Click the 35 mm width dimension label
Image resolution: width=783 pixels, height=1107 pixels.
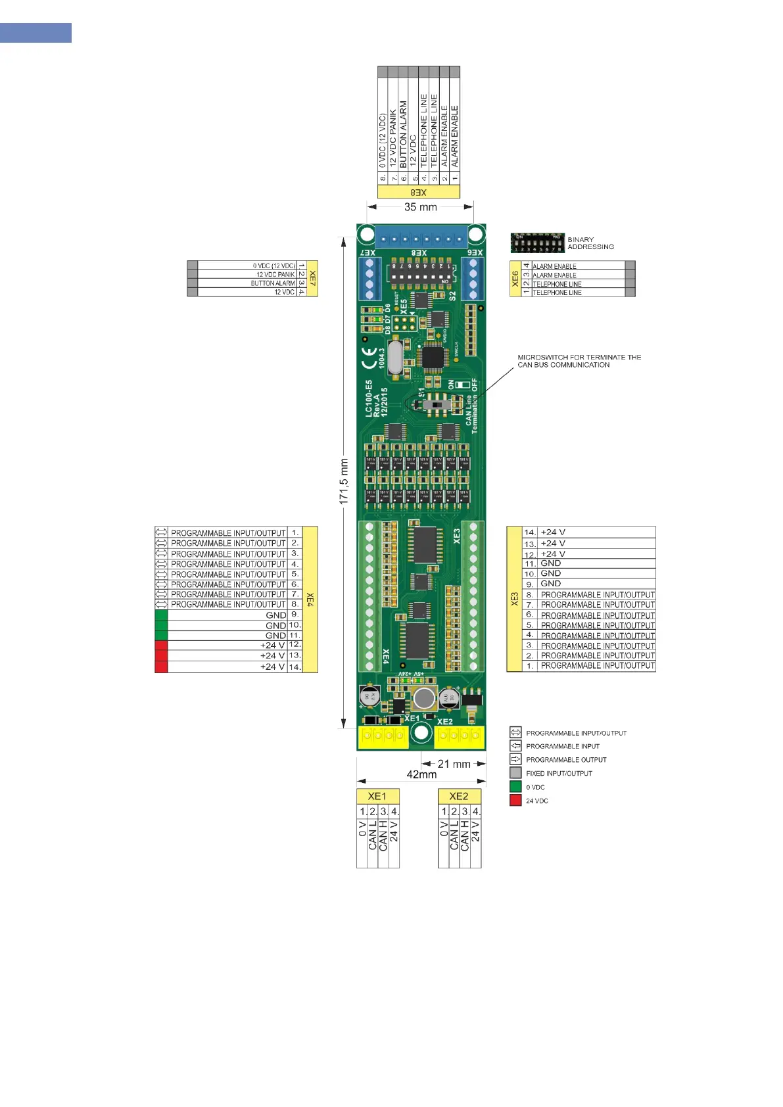[x=420, y=207]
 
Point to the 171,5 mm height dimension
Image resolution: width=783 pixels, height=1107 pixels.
[x=344, y=482]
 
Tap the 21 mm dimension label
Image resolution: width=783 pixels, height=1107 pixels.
[x=454, y=764]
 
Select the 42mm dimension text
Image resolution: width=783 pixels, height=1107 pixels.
[x=421, y=775]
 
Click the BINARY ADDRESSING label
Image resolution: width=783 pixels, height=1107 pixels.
[x=590, y=243]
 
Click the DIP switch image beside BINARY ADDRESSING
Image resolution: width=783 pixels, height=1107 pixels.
[x=537, y=243]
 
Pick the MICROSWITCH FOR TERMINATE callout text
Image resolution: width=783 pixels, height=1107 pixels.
[x=579, y=361]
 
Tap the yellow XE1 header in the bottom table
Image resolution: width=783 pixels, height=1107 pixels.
[x=377, y=796]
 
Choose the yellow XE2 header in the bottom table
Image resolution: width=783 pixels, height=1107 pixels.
[x=459, y=796]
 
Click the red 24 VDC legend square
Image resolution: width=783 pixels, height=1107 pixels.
[x=515, y=801]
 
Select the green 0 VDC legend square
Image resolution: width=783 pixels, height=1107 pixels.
[x=515, y=787]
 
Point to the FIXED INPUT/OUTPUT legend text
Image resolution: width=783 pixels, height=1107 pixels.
[x=559, y=774]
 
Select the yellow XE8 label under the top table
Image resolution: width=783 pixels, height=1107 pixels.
[x=419, y=193]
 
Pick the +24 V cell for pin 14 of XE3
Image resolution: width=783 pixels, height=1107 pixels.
[x=552, y=532]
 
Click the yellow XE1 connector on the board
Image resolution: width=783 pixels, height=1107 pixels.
[x=383, y=736]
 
